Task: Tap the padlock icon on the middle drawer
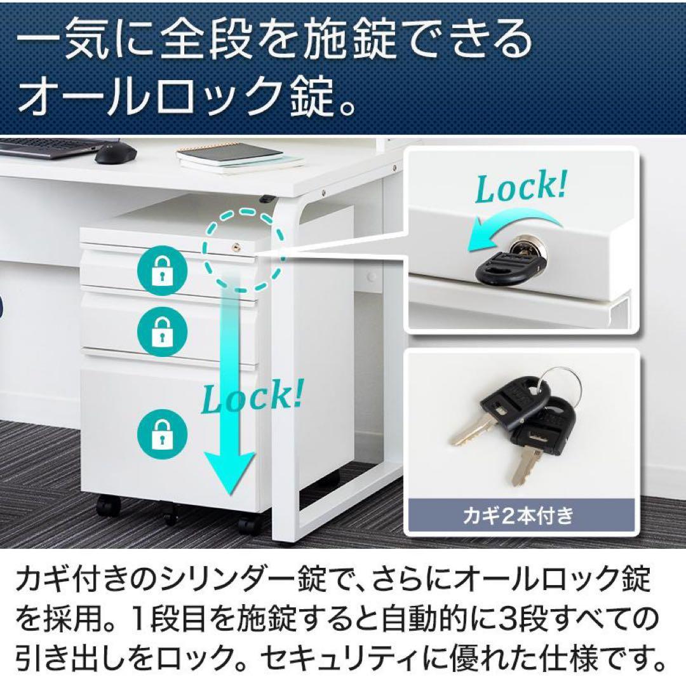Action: pyautogui.click(x=163, y=328)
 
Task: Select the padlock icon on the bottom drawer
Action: pyautogui.click(x=163, y=434)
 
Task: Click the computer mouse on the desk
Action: pyautogui.click(x=116, y=152)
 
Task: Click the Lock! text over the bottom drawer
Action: pyautogui.click(x=252, y=397)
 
